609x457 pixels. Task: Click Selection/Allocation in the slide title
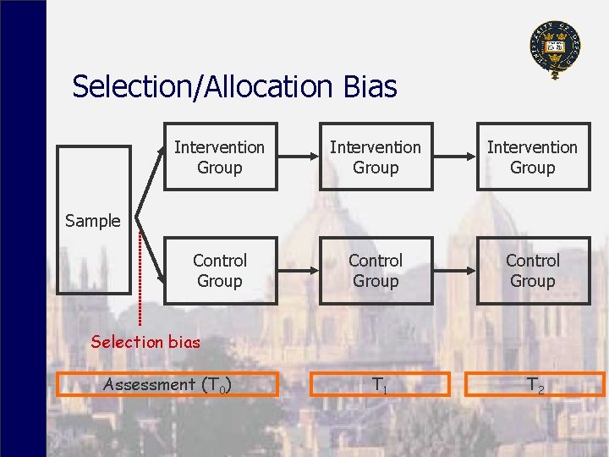click(206, 86)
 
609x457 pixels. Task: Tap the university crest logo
click(555, 48)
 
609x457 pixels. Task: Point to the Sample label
click(92, 221)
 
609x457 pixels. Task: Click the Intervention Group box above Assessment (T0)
click(220, 157)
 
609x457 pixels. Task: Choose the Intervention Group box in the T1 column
click(376, 157)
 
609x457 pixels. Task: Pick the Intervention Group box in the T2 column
click(533, 157)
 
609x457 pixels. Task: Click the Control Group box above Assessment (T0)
click(220, 270)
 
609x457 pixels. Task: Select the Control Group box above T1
click(376, 270)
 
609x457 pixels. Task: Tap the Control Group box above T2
click(533, 270)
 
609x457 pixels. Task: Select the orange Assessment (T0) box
click(167, 385)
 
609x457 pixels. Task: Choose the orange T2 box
click(535, 385)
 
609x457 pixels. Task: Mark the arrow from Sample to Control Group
click(149, 254)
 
